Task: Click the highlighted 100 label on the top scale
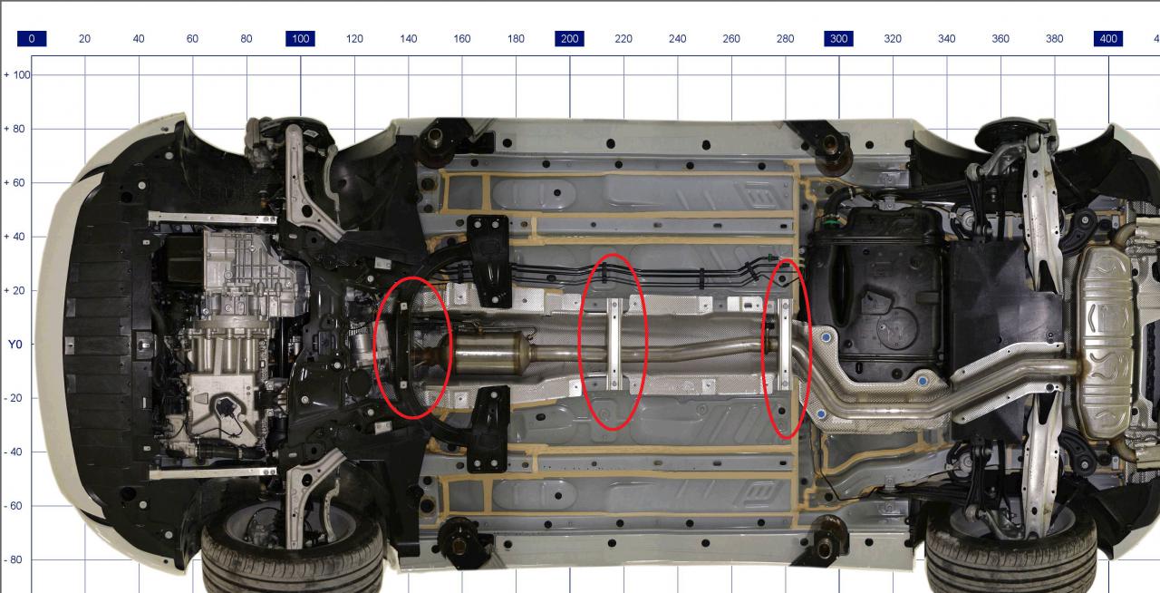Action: click(x=300, y=39)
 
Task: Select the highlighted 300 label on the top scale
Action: click(x=839, y=39)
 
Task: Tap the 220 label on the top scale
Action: click(x=623, y=39)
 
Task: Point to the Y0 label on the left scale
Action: click(x=15, y=345)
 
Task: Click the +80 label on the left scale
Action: click(x=14, y=129)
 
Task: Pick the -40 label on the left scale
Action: click(x=14, y=452)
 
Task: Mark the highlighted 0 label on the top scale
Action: click(x=32, y=39)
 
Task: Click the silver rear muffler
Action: click(x=1106, y=342)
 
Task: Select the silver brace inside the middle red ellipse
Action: click(x=614, y=344)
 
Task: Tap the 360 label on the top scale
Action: click(x=1000, y=39)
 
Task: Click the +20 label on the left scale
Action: click(x=14, y=290)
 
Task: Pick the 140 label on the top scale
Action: click(x=408, y=39)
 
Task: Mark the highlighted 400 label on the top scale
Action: click(x=1108, y=39)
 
